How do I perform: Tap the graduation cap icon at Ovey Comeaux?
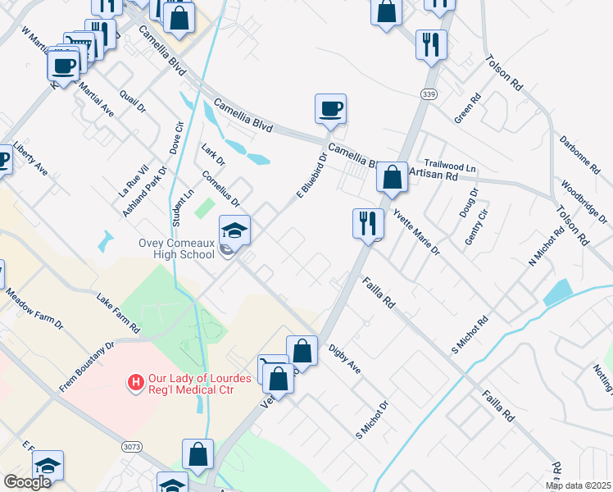(x=234, y=230)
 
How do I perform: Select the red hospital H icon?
(x=134, y=382)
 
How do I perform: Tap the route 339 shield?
(x=427, y=95)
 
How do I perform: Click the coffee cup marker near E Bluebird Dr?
(x=330, y=108)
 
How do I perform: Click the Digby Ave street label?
(x=344, y=358)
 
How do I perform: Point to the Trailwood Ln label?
(x=450, y=166)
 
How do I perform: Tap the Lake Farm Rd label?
(x=118, y=315)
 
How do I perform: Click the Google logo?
(x=27, y=481)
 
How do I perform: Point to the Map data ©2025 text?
(x=578, y=485)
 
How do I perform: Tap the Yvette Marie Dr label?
(x=415, y=231)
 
